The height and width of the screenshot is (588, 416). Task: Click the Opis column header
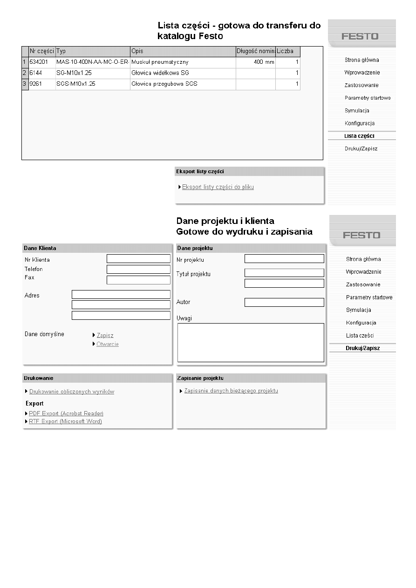pos(137,51)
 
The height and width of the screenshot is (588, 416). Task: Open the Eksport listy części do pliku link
pos(218,187)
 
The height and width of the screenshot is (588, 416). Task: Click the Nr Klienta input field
pos(138,259)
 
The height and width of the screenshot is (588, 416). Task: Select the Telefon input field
pos(138,269)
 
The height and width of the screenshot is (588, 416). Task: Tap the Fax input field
pos(138,280)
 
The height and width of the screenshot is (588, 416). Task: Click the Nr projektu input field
pos(284,259)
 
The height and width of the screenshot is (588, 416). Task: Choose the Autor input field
pos(284,303)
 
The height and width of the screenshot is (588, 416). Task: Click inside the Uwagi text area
pos(251,343)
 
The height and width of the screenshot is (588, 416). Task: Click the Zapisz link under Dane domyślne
pos(105,335)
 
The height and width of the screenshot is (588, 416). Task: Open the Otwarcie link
pos(108,344)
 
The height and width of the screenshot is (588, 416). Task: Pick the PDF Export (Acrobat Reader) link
pos(66,413)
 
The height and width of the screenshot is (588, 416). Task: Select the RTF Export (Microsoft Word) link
pos(65,421)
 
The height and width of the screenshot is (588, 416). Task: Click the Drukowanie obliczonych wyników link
pos(72,392)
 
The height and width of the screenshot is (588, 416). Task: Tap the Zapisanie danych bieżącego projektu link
pos(231,391)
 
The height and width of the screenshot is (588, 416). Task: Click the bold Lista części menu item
pos(359,136)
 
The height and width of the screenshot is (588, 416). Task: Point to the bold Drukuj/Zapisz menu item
pos(362,348)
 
